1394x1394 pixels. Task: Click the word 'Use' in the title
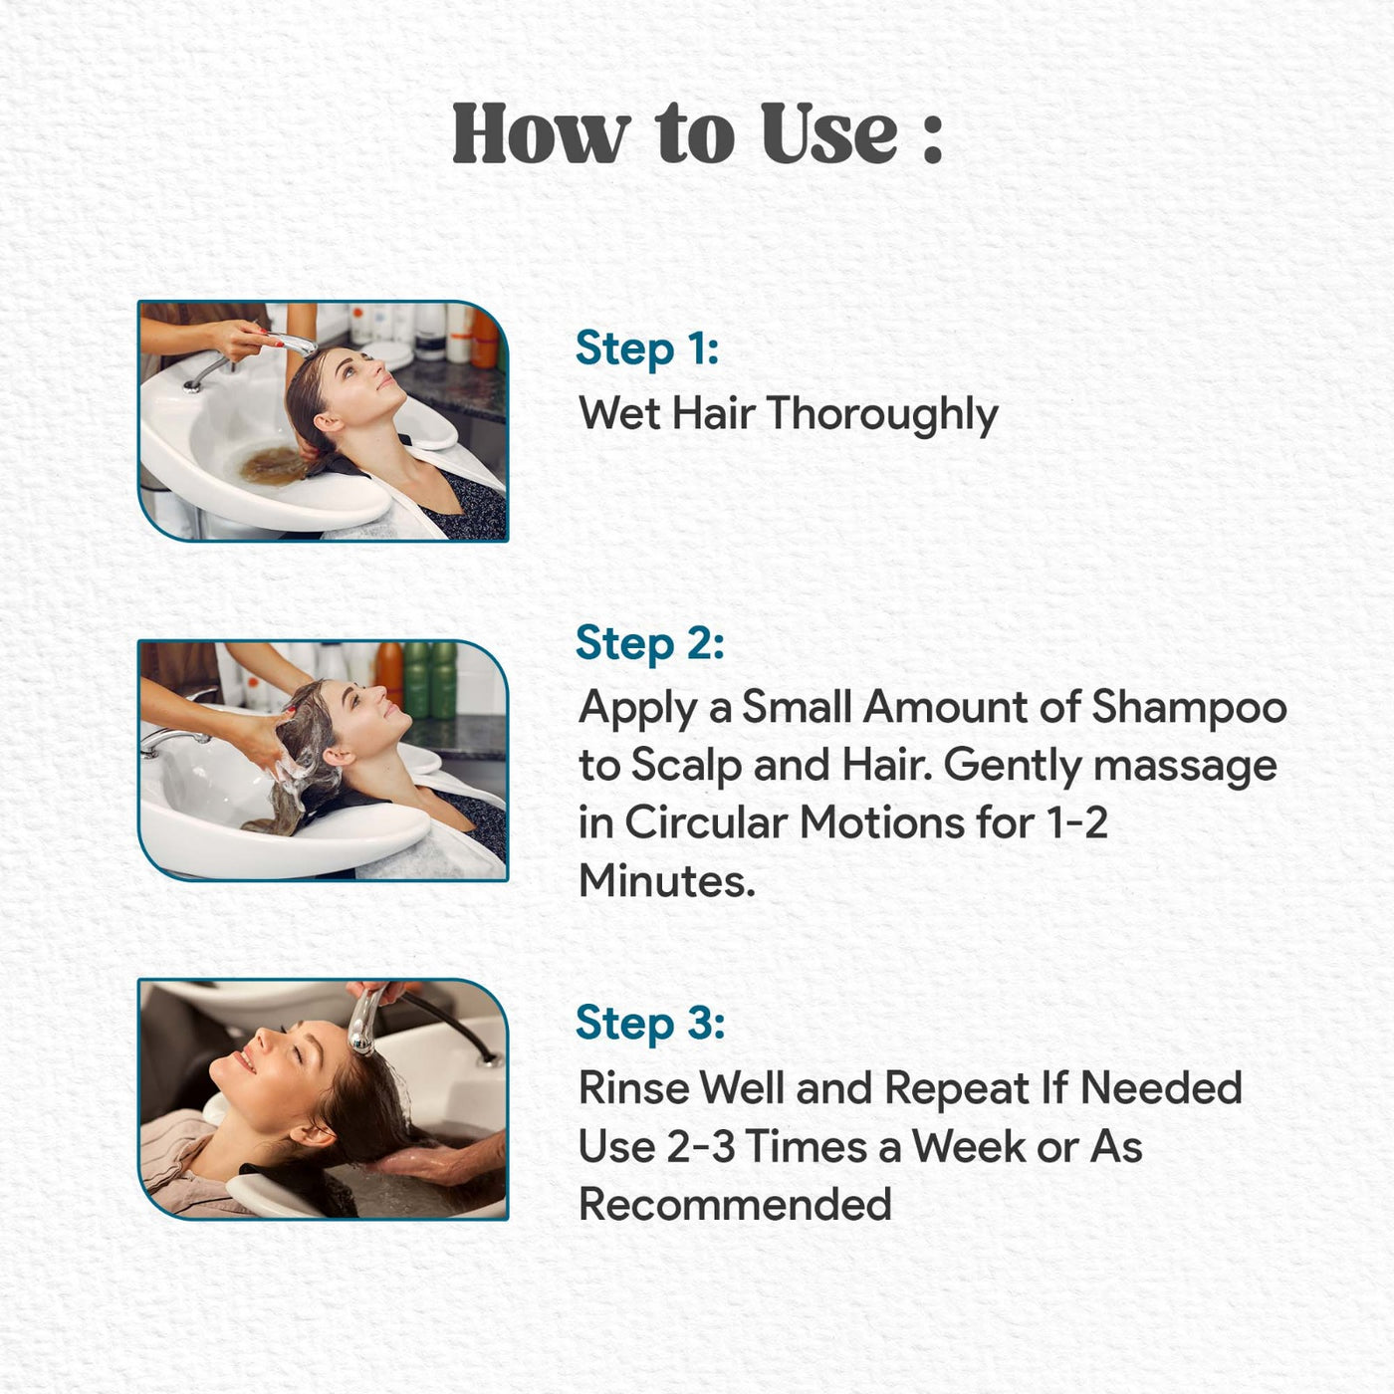tap(829, 133)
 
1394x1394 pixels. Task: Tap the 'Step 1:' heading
tap(647, 349)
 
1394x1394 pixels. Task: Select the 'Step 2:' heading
tap(649, 643)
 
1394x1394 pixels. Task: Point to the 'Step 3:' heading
tap(650, 1023)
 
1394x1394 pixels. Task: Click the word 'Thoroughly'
tap(882, 414)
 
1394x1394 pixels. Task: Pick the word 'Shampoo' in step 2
tap(1189, 708)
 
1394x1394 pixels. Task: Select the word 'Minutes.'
tap(666, 881)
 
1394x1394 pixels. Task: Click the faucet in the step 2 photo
tap(173, 740)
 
